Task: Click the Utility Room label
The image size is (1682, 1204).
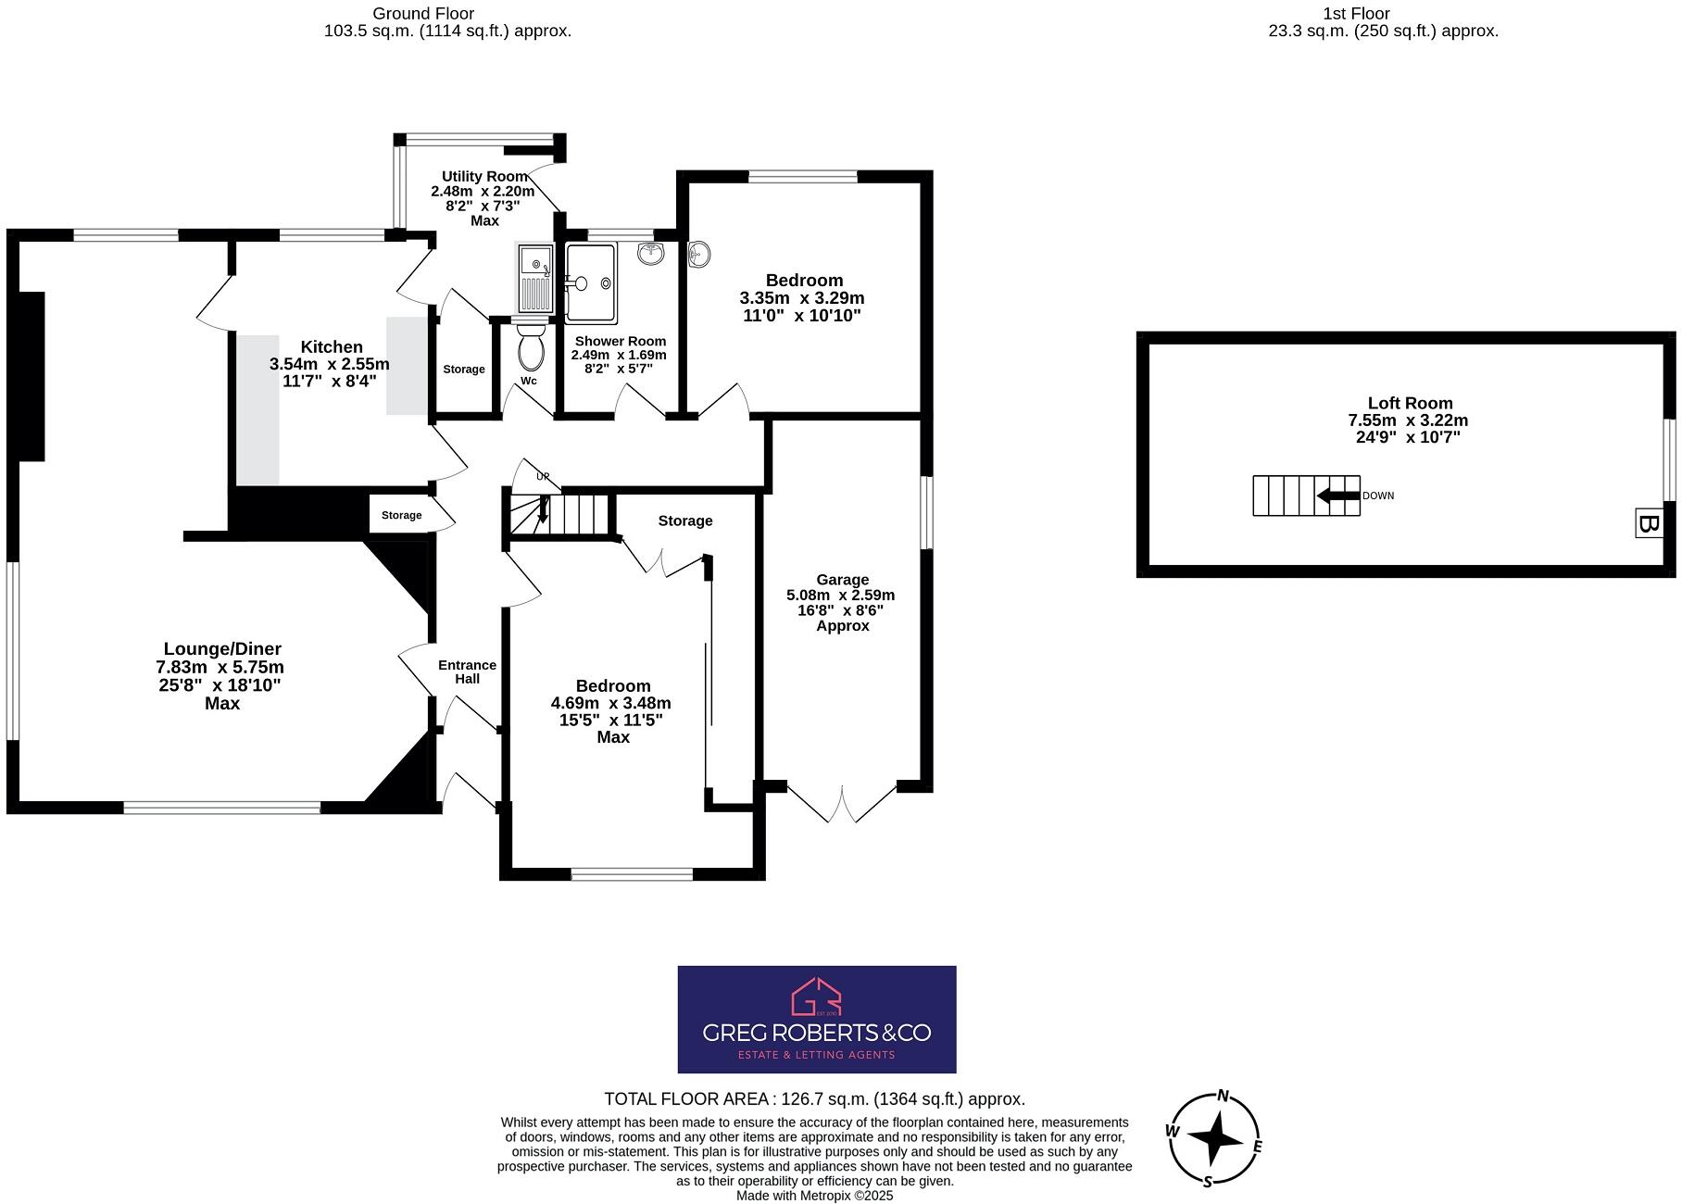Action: tap(484, 176)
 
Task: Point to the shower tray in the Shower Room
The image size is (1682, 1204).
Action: tap(591, 283)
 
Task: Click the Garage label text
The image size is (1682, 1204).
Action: tap(841, 579)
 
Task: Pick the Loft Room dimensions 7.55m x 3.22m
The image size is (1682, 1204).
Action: tap(1409, 420)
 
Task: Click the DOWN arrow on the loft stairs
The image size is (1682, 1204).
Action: tap(1337, 495)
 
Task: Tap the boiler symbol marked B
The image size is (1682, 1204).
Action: tap(1648, 523)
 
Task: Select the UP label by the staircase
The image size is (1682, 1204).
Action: tap(543, 477)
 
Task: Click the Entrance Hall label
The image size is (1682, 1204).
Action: tap(467, 671)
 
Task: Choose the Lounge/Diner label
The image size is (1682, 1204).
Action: tap(222, 649)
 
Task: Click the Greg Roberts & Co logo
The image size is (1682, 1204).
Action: tap(816, 1019)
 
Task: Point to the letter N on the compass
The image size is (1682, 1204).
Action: tap(1223, 1097)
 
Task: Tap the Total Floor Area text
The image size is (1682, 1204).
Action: tap(814, 1099)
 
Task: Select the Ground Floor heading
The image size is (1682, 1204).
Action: tap(423, 14)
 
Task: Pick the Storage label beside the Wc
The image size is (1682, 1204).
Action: tap(463, 369)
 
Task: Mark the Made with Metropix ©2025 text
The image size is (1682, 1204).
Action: tap(814, 1196)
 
